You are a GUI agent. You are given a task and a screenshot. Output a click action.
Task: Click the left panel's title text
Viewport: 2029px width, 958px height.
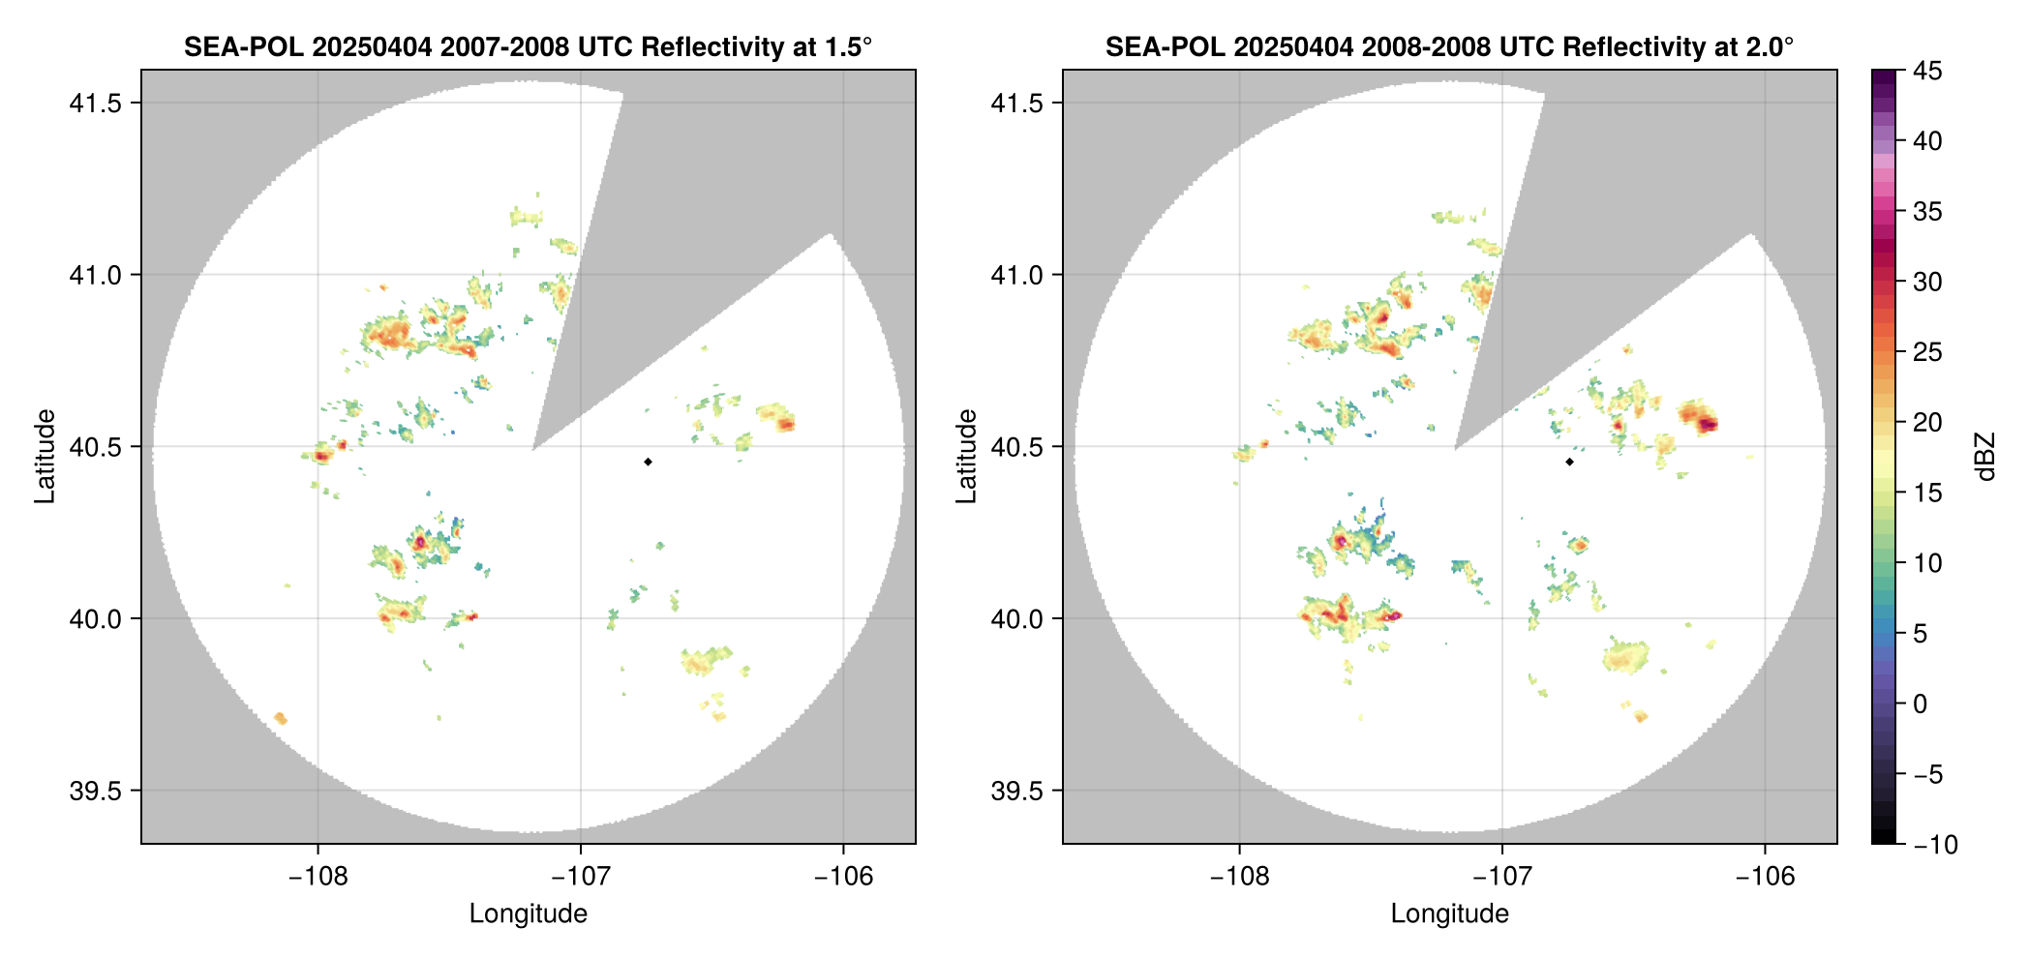coord(528,46)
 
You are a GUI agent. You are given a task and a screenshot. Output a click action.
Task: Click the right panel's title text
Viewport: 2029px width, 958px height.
coord(1449,46)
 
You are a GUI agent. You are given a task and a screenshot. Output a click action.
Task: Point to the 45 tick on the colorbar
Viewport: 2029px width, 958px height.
coord(1927,71)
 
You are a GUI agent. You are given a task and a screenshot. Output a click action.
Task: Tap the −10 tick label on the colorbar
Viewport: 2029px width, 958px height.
coord(1935,845)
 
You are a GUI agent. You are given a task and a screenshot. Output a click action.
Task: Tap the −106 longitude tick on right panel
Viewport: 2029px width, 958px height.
coord(1765,877)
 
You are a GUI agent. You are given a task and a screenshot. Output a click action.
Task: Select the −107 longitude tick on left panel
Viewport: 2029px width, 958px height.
coord(581,877)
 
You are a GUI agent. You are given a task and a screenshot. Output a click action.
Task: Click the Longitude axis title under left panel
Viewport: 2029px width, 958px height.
coord(528,913)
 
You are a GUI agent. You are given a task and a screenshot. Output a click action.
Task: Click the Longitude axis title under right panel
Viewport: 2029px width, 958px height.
coord(1449,913)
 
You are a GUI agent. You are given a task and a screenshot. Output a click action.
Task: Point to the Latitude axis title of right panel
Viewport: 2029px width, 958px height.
coord(966,457)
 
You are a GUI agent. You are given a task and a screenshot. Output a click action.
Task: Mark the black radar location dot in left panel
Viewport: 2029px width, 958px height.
coord(648,462)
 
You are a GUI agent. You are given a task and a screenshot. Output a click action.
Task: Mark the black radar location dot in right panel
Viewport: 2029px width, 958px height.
coord(1569,462)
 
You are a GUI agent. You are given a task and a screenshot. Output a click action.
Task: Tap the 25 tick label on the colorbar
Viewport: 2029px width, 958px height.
coord(1927,352)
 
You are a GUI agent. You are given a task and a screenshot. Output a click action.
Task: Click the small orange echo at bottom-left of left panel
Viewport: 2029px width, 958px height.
coord(281,718)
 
